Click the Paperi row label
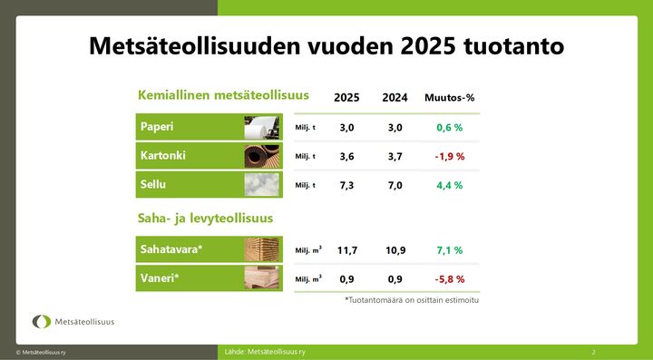tap(156, 128)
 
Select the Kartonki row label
tap(163, 156)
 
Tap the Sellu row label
tap(153, 184)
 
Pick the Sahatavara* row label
tap(171, 249)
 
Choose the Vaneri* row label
tap(160, 277)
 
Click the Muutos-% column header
tap(450, 98)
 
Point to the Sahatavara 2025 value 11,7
tap(347, 250)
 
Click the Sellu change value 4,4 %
tap(450, 185)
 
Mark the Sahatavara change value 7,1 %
tap(450, 250)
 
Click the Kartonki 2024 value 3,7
tap(395, 157)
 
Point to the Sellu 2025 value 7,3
tap(346, 185)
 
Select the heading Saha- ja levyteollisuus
tap(205, 219)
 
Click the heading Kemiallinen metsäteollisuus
tap(223, 94)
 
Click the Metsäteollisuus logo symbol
tap(42, 321)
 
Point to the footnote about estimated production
tap(412, 299)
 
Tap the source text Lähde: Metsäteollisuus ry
tap(265, 350)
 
